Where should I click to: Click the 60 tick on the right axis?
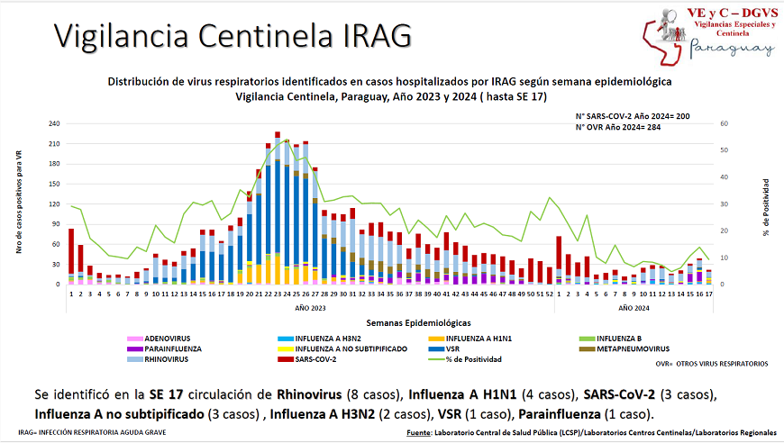point(723,124)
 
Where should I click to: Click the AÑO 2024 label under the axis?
point(635,309)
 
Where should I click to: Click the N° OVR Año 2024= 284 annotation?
point(632,128)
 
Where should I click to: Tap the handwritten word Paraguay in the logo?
point(733,49)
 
